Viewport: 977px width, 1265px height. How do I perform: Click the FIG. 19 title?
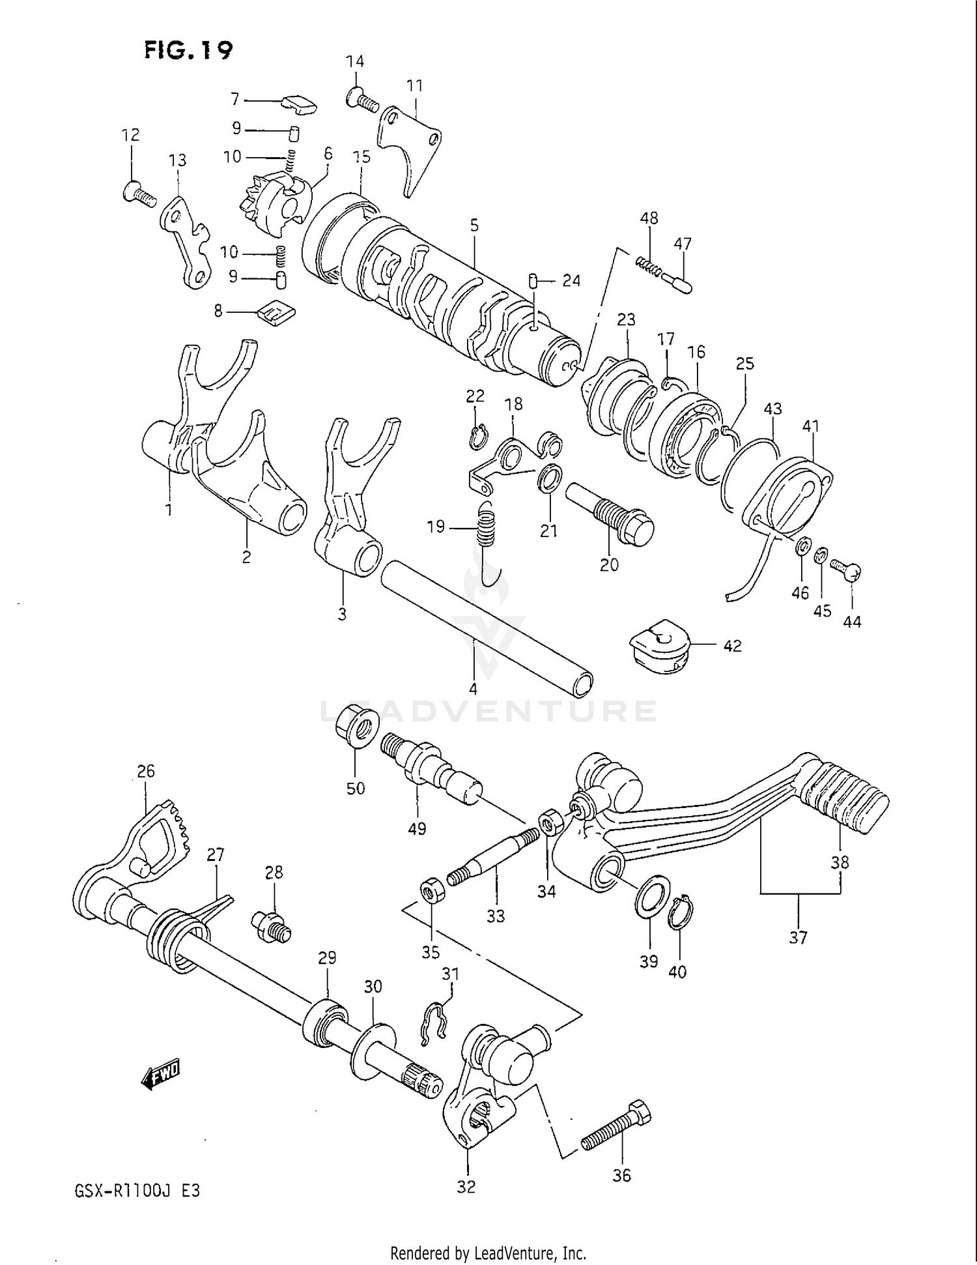pos(188,50)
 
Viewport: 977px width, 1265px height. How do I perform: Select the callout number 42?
pos(732,646)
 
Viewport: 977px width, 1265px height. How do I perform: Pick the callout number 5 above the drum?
pos(474,225)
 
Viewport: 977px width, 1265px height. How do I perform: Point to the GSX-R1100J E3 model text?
pos(137,1191)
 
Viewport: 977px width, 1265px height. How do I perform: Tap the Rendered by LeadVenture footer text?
pos(488,1253)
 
